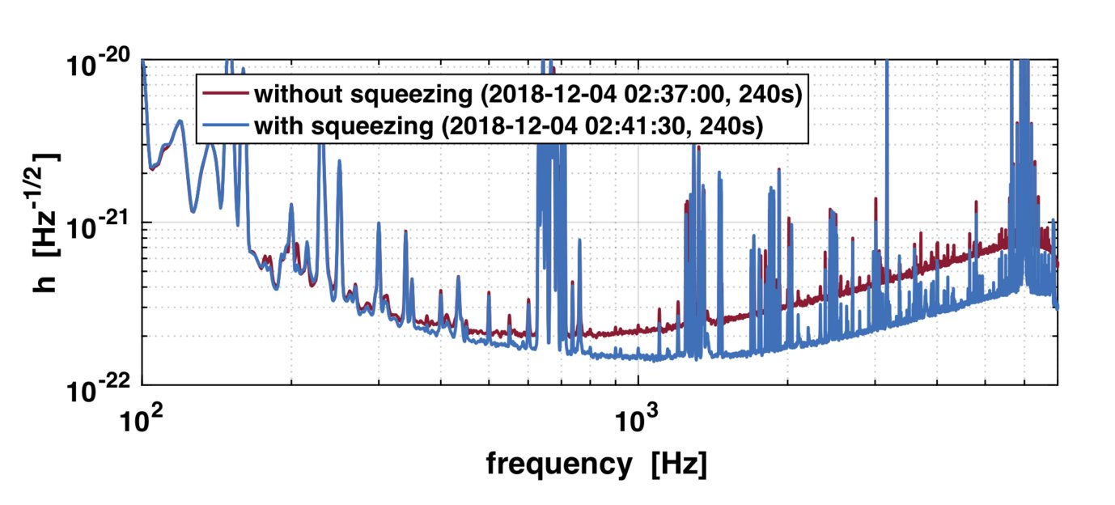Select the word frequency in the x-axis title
tap(557, 465)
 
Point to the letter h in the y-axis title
tap(46, 282)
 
